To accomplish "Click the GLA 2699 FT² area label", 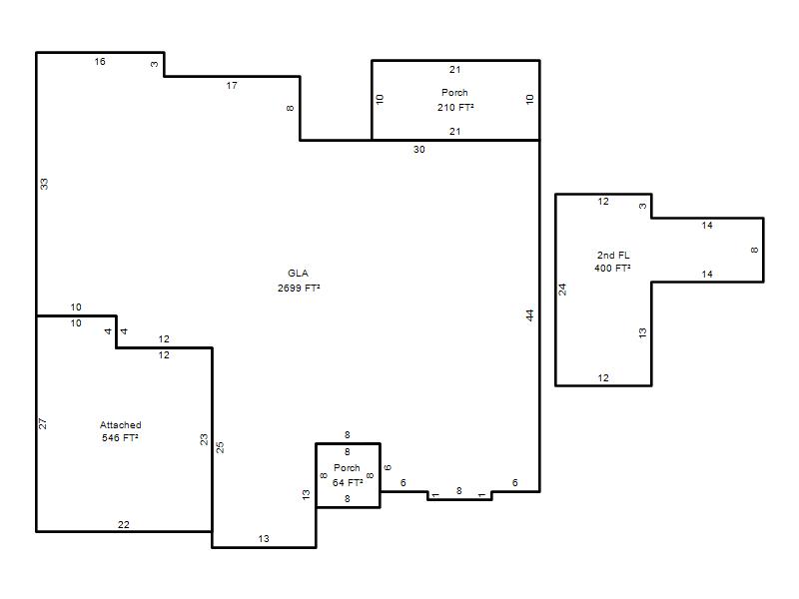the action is click(299, 281).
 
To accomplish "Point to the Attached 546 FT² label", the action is click(120, 431).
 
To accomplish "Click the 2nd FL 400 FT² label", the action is click(612, 262).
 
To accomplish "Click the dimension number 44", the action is click(530, 315).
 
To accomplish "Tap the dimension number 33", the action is click(44, 184).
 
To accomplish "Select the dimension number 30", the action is click(418, 149).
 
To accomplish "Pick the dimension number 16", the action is click(100, 62).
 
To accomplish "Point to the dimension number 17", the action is click(232, 86).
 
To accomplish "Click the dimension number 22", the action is click(124, 525).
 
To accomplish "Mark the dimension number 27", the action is click(43, 423).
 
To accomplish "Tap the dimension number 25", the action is click(220, 447).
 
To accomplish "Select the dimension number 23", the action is click(204, 439).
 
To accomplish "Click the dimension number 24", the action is click(562, 290).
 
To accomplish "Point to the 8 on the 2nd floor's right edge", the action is click(755, 251).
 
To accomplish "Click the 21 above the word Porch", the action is click(455, 70).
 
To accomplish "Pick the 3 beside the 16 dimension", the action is click(155, 64).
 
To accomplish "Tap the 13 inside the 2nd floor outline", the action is click(642, 333).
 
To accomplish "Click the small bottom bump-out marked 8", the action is click(459, 496).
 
